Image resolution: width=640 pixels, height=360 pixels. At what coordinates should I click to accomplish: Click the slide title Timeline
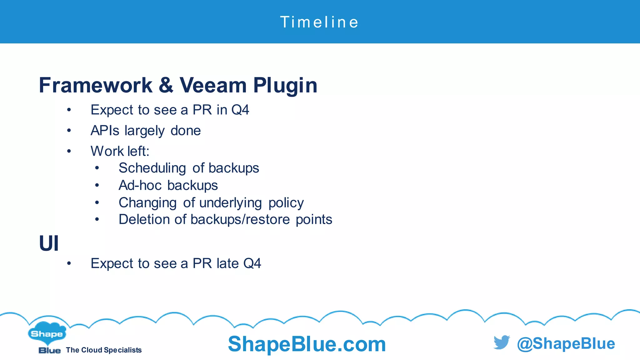coord(319,22)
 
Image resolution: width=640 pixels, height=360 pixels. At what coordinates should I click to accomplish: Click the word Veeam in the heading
coord(213,85)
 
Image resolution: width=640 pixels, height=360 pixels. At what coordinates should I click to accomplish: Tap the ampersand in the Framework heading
coord(166,85)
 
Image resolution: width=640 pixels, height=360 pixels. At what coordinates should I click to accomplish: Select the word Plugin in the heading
coord(285,85)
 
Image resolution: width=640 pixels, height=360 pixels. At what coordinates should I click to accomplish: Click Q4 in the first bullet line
coord(240,110)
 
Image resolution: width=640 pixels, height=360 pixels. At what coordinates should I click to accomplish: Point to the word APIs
coord(105,131)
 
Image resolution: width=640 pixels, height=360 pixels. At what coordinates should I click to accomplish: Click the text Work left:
coord(120,151)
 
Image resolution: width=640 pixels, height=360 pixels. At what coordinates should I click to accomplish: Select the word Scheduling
coord(152,168)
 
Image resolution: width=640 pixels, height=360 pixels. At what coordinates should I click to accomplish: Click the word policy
coord(286,203)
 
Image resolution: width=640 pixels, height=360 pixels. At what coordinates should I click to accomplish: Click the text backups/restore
coord(240,219)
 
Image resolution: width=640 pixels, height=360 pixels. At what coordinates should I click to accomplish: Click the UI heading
coord(49,243)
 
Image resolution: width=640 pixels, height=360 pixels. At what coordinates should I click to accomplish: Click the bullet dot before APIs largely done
coord(69,131)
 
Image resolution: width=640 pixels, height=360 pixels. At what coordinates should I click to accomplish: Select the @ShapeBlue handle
coord(566,343)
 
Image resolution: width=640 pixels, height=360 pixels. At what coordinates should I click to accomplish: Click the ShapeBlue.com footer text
coord(307,344)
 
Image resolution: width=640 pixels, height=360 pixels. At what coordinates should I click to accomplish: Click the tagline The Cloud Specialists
coord(104,350)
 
